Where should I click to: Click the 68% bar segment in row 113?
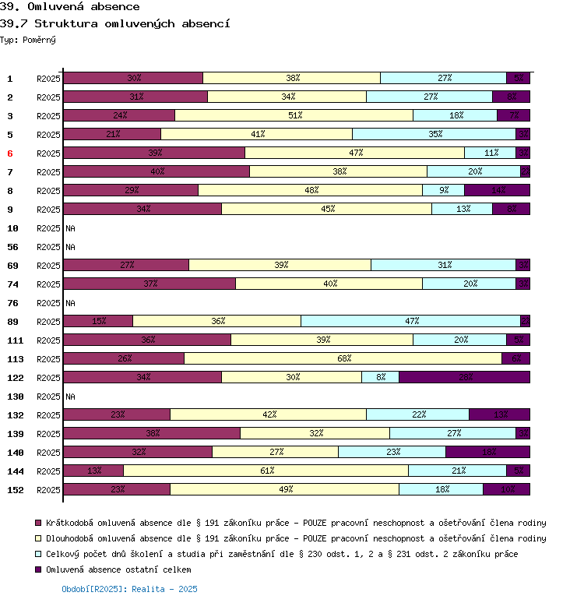[x=343, y=358]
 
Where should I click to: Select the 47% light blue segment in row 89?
[x=410, y=321]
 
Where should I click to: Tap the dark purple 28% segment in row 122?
[x=465, y=377]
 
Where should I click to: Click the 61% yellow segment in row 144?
[x=266, y=471]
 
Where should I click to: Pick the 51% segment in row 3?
[x=294, y=115]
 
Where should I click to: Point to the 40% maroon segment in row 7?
[x=157, y=171]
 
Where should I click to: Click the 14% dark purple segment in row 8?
[x=498, y=190]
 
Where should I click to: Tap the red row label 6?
[x=10, y=153]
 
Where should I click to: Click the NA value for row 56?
[x=70, y=247]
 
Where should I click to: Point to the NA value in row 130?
[x=70, y=397]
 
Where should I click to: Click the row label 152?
[x=16, y=490]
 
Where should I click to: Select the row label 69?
[x=12, y=266]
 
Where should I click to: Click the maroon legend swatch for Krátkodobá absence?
[x=37, y=523]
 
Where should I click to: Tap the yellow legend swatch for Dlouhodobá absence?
[x=37, y=538]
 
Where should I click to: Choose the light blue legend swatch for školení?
[x=37, y=554]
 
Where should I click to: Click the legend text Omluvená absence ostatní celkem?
[x=118, y=569]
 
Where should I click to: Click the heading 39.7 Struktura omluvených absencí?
[x=114, y=23]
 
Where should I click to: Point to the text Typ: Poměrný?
[x=28, y=39]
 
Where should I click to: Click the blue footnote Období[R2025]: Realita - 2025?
[x=129, y=589]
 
